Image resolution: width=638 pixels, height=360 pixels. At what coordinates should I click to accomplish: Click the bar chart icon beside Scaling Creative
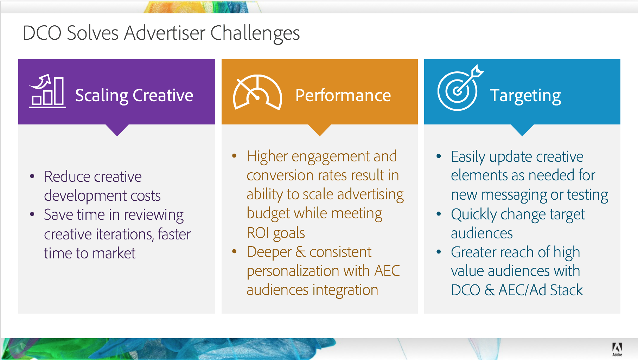47,91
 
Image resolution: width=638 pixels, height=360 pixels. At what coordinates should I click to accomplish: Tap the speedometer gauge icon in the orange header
257,92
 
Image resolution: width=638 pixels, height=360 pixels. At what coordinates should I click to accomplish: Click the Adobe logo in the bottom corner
617,349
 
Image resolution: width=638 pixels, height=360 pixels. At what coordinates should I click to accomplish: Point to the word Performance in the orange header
343,95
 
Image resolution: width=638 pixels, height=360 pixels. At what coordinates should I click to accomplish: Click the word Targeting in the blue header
525,96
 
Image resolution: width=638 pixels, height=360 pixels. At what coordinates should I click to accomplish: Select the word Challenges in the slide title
255,33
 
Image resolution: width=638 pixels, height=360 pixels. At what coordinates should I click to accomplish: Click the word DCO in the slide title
42,33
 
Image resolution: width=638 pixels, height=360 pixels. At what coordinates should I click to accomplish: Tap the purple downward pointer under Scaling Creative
117,130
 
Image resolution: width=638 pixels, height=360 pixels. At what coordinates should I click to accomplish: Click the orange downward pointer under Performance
320,130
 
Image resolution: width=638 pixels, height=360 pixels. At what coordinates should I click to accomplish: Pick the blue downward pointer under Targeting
522,130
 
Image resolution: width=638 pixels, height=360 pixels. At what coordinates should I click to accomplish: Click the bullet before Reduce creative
32,176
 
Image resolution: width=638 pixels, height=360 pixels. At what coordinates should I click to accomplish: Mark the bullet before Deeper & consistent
235,251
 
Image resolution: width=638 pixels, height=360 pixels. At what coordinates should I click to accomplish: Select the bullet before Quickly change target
439,214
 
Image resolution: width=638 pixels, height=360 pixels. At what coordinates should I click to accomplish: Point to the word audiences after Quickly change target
481,233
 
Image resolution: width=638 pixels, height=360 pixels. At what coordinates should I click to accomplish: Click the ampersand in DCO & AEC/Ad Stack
489,290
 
